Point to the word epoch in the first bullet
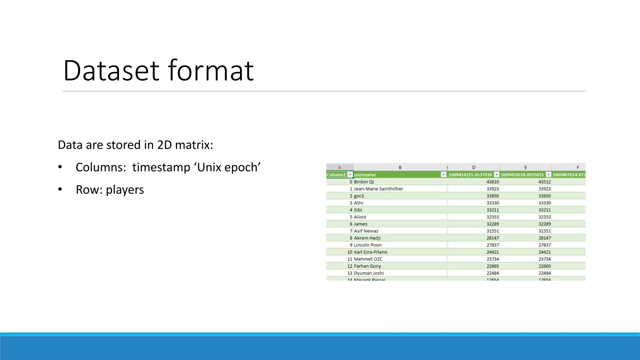(242, 167)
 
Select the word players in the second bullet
(125, 190)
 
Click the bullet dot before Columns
(60, 167)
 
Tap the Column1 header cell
(336, 175)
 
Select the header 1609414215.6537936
(470, 175)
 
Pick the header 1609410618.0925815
(522, 175)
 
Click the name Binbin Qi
(364, 182)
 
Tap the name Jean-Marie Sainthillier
(378, 189)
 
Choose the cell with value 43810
(492, 182)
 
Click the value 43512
(544, 182)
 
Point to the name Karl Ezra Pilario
(370, 252)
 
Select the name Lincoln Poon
(367, 245)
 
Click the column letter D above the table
(473, 167)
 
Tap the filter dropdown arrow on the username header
(443, 175)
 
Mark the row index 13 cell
(350, 273)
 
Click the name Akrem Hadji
(367, 238)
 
